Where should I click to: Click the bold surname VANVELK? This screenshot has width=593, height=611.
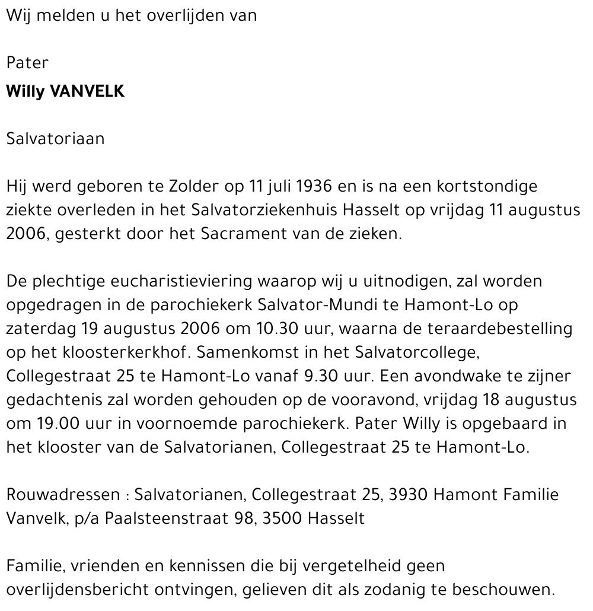pyautogui.click(x=88, y=93)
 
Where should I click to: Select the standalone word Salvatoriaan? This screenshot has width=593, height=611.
pyautogui.click(x=55, y=139)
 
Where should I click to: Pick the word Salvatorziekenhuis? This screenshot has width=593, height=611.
pyautogui.click(x=294, y=210)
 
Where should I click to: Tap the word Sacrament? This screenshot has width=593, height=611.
pyautogui.click(x=241, y=234)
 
